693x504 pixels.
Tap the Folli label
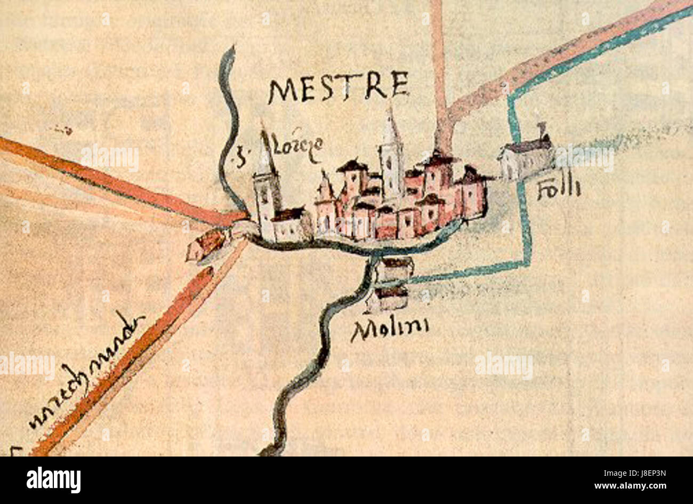558,189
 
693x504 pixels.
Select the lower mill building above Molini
389,298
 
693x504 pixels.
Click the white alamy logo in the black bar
53,480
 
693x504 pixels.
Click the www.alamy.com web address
637,486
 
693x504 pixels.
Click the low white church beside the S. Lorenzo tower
291,226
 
